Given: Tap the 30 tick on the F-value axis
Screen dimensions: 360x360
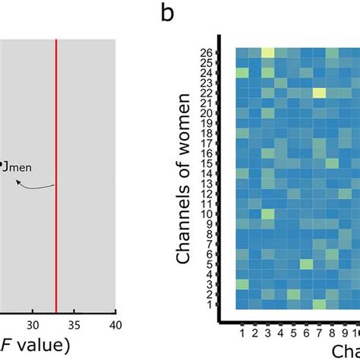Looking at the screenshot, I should click(x=32, y=325).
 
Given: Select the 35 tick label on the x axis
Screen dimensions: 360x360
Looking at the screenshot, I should click(x=74, y=325).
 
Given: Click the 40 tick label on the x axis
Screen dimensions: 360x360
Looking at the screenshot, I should click(x=115, y=325).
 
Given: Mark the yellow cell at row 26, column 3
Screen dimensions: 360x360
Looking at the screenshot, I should click(x=267, y=52).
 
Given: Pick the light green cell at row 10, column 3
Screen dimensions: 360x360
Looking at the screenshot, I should click(x=267, y=214).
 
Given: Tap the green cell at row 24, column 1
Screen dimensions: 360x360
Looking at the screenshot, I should click(x=242, y=72).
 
